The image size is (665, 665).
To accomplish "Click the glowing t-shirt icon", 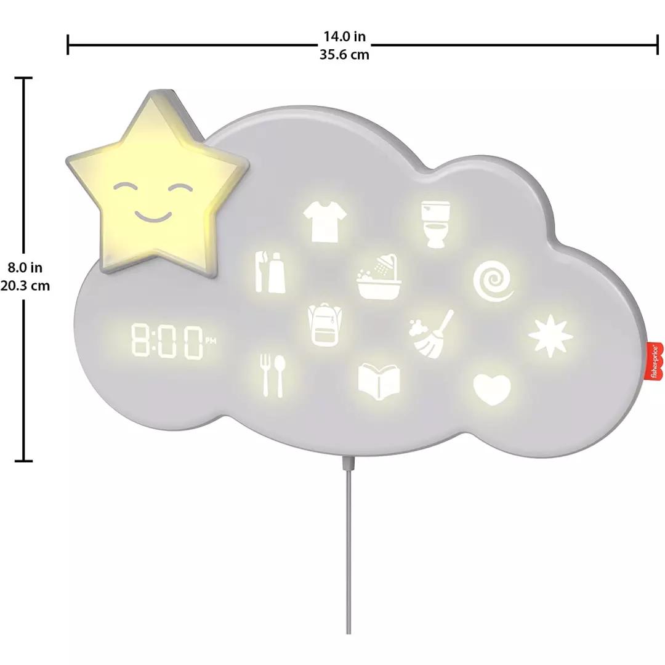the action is click(325, 221).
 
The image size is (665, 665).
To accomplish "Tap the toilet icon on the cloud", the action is click(435, 224).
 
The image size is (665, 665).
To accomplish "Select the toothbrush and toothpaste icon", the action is click(270, 272).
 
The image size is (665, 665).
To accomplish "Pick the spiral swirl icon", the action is click(493, 281).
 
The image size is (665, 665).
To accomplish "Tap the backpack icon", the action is click(325, 325).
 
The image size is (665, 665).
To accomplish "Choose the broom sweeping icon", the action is click(431, 334).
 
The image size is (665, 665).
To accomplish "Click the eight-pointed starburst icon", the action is click(550, 336).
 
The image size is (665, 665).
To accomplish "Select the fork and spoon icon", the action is click(273, 376).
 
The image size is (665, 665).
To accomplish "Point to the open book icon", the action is click(379, 382).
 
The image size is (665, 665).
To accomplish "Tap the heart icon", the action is click(492, 389).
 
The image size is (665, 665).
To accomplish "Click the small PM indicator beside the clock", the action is click(211, 340).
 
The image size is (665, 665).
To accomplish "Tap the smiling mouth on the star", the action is click(153, 217).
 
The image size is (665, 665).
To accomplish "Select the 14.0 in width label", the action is click(344, 36).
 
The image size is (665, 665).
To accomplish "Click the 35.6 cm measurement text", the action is click(344, 55).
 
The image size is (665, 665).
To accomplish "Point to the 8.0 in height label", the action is click(25, 268).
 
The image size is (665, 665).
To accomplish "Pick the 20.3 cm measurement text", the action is click(25, 286).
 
